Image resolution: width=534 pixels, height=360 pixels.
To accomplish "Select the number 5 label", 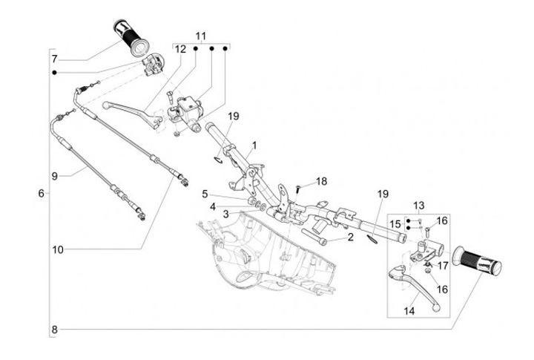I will click(x=205, y=194).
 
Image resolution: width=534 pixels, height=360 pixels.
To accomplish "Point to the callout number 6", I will click(x=41, y=193).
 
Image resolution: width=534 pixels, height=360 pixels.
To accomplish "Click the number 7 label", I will click(x=54, y=58).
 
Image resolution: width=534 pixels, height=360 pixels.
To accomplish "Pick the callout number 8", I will click(x=54, y=329).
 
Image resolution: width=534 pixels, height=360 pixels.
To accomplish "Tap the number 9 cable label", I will click(x=54, y=176).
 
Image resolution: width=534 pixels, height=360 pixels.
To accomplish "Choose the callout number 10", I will click(x=57, y=249).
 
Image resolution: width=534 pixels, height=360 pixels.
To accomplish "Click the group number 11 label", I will click(x=201, y=36).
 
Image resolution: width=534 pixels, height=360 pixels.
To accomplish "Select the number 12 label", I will click(x=180, y=49).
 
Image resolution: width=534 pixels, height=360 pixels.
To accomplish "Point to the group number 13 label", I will click(x=418, y=205).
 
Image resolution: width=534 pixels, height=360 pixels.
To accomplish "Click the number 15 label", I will click(x=396, y=223).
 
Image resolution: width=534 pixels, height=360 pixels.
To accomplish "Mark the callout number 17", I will click(x=442, y=265).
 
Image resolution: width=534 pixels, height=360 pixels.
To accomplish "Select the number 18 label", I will click(x=321, y=181).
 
